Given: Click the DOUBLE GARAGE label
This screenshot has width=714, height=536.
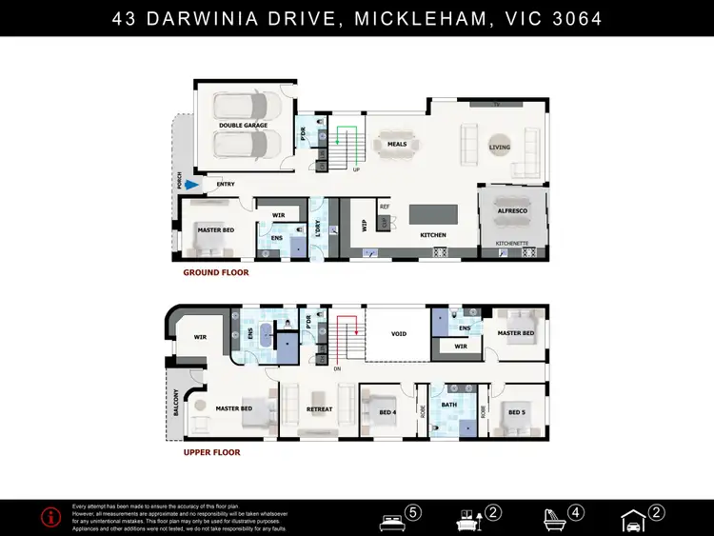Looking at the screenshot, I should pos(243,125).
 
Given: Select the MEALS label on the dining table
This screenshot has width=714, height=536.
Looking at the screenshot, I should pos(397,145).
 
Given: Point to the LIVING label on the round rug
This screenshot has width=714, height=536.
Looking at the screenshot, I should pos(500,148).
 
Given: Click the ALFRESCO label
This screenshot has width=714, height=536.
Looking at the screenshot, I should pos(513,209).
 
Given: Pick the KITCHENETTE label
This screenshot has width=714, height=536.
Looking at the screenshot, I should pos(513,244).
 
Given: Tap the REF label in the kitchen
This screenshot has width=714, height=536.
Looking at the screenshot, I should pos(385,207).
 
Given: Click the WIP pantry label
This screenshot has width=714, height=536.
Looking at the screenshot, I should pos(364,227).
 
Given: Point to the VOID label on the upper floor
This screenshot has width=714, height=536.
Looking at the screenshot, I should pos(398,334).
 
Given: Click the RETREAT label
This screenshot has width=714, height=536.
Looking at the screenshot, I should pos(319,409).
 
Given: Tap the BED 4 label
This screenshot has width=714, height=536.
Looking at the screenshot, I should pos(387,412).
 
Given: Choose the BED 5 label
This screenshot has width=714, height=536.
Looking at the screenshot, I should pos(516,412).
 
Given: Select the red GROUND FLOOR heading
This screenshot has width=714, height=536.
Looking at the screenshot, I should pos(216,272).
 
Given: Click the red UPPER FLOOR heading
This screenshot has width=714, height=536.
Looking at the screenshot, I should pos(212,452).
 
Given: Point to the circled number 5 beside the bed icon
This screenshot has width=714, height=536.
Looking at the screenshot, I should pos(412,512).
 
